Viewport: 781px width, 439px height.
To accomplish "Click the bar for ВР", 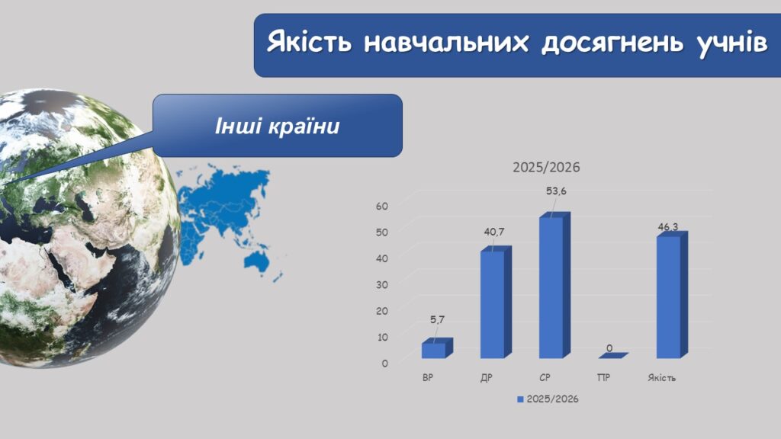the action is pyautogui.click(x=437, y=348).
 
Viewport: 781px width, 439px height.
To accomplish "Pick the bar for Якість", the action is pyautogui.click(x=672, y=295).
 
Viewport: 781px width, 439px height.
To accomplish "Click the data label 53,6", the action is pyautogui.click(x=556, y=191).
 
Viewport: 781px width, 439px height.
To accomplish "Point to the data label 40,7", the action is pyautogui.click(x=494, y=232).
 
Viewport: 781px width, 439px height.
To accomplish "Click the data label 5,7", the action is pyautogui.click(x=437, y=319).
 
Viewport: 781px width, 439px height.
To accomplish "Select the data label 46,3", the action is pyautogui.click(x=668, y=227).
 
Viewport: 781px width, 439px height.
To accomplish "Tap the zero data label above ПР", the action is pyautogui.click(x=609, y=348).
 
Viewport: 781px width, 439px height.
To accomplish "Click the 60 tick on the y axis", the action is pyautogui.click(x=382, y=206).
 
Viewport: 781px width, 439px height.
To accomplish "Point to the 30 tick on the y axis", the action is pyautogui.click(x=382, y=285).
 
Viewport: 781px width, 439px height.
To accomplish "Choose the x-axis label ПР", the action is pyautogui.click(x=603, y=378).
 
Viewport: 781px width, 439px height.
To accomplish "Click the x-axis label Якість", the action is pyautogui.click(x=661, y=378).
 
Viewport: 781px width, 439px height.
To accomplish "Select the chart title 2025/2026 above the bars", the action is pyautogui.click(x=546, y=167).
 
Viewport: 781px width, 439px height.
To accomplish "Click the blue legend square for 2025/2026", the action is pyautogui.click(x=520, y=399).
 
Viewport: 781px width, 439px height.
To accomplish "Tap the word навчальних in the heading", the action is pyautogui.click(x=446, y=42).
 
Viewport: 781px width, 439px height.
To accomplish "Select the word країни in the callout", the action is pyautogui.click(x=304, y=127).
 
